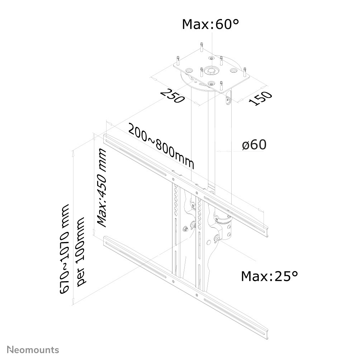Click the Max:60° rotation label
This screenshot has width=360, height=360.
pyautogui.click(x=210, y=24)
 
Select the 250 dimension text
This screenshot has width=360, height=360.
pyautogui.click(x=172, y=95)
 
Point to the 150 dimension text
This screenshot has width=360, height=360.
pyautogui.click(x=261, y=98)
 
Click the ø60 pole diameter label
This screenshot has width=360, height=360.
pyautogui.click(x=254, y=145)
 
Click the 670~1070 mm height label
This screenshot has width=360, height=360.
pyautogui.click(x=65, y=249)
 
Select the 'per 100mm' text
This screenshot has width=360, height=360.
pyautogui.click(x=82, y=251)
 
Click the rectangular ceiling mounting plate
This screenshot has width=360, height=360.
pyautogui.click(x=212, y=74)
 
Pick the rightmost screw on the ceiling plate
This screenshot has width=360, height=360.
pyautogui.click(x=245, y=72)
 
